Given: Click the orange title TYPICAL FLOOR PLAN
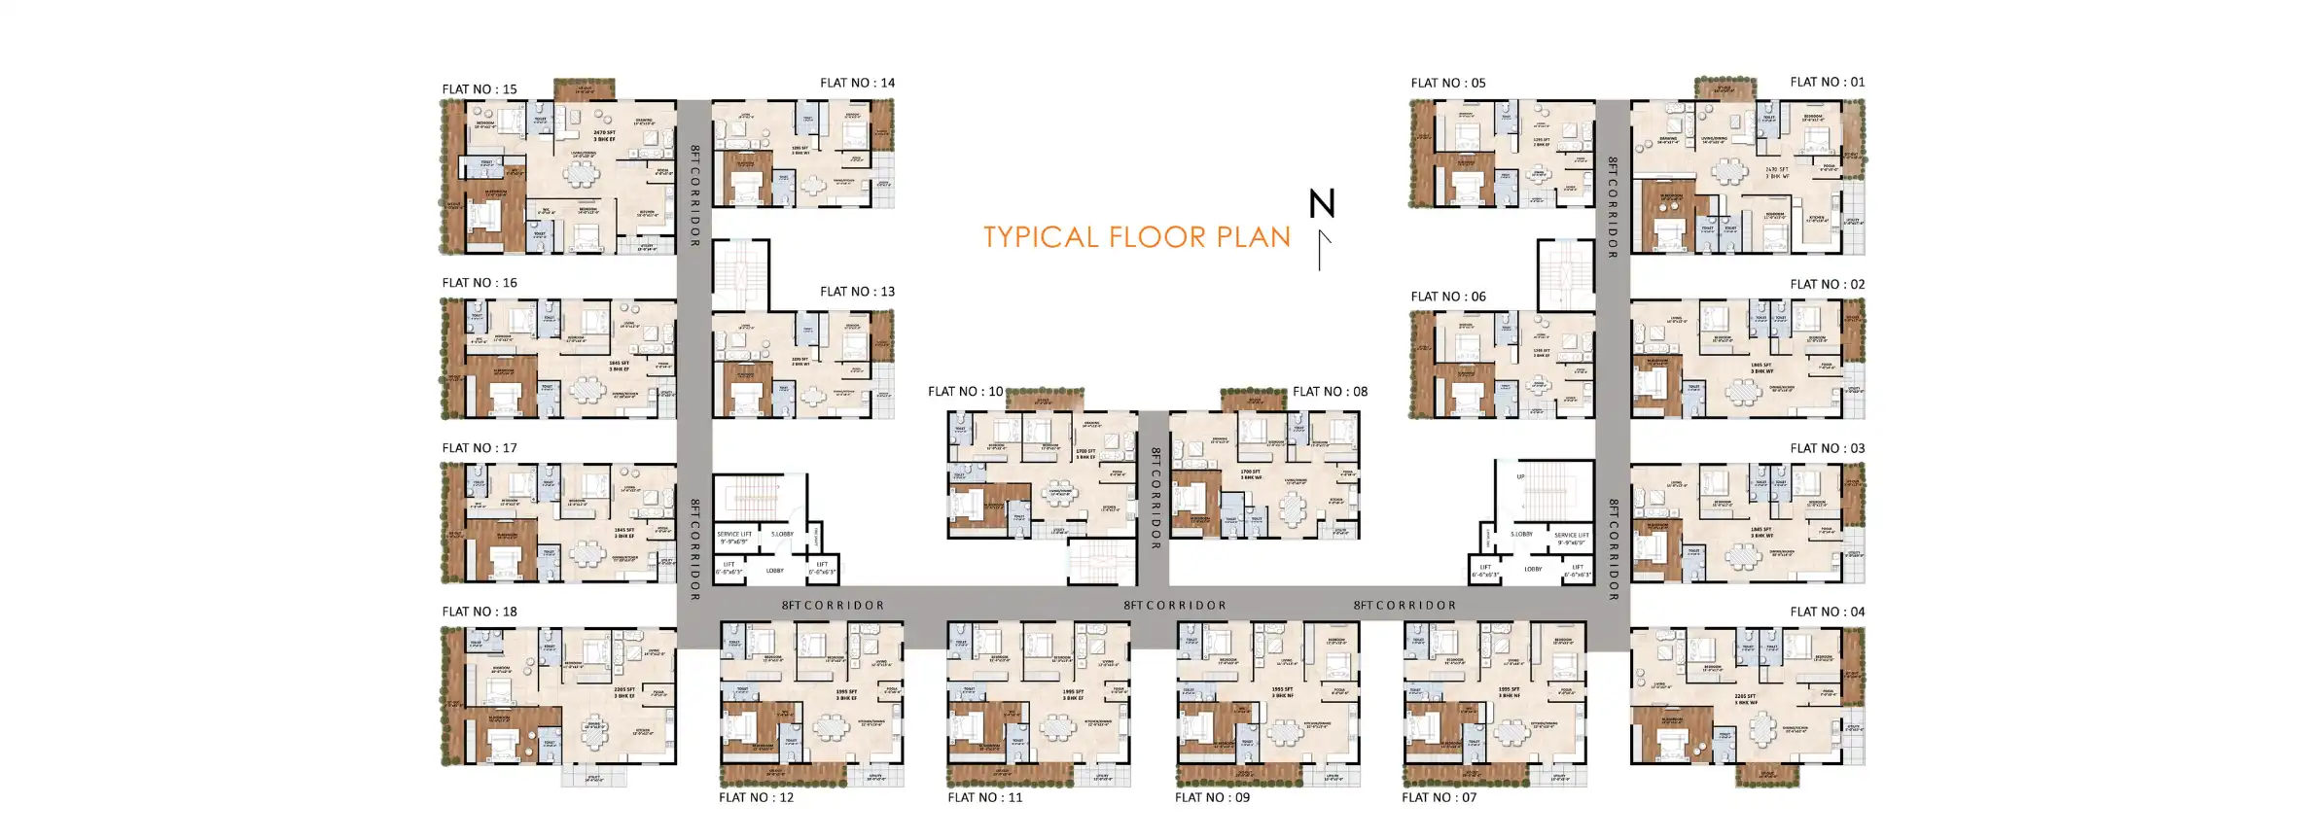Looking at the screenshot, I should point(1136,237).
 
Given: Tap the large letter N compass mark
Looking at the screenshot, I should point(1321,204).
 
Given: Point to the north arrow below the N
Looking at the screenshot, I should point(1323,250).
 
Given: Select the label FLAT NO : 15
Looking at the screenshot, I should point(480,89).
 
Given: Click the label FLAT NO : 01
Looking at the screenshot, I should point(1827,83).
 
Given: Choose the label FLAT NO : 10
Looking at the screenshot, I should point(965,392).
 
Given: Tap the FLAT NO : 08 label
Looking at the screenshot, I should point(1330,392).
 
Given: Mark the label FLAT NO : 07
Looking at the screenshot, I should point(1439,797).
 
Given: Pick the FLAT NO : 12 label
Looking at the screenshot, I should point(756,797).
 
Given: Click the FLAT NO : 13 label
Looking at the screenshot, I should point(857,292).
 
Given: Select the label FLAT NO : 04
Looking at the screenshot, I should point(1827,612).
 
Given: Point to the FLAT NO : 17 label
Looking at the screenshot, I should point(480,448).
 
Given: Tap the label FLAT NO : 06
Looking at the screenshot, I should point(1448,297).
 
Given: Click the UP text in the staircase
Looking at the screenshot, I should point(1520,476).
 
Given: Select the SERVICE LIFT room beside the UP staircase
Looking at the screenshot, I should point(1571,539).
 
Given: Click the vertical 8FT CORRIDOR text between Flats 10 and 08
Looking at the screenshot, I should point(1155,498).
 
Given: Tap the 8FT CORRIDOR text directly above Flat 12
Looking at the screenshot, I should point(833,605).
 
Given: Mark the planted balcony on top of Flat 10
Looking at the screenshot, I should point(1044,399).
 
